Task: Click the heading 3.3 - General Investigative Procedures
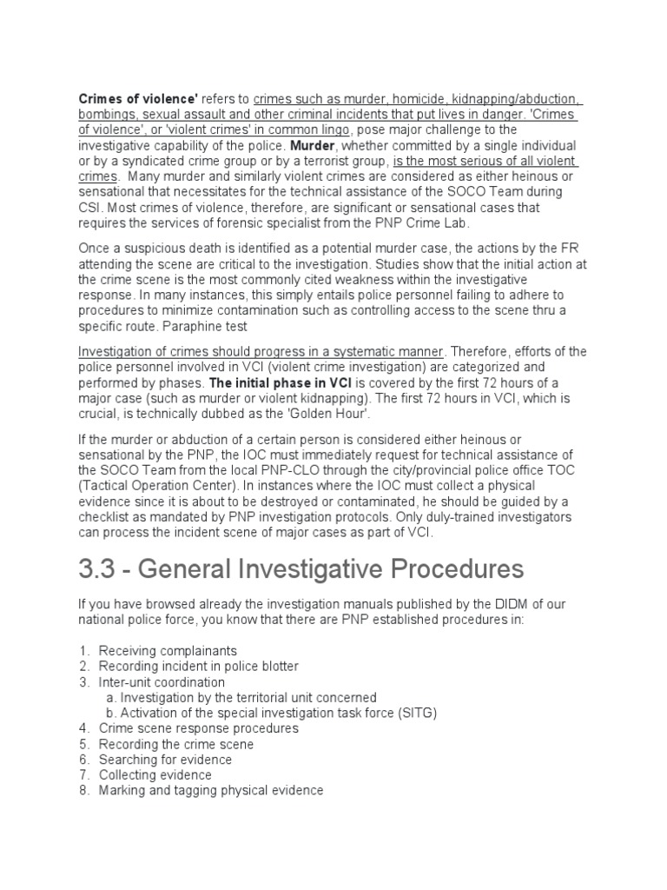(301, 569)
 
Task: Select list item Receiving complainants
(167, 650)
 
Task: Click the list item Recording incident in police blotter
(198, 666)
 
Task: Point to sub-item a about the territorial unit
(248, 697)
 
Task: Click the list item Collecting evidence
(155, 775)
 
